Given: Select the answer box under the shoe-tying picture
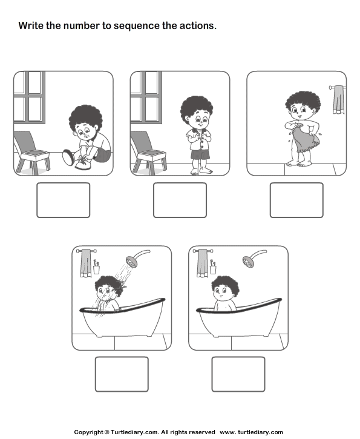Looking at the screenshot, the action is [x=63, y=200].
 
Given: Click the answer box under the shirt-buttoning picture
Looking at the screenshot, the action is [x=180, y=200].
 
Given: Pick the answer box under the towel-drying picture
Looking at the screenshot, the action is [x=296, y=200].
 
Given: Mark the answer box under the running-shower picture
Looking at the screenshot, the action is [x=122, y=374].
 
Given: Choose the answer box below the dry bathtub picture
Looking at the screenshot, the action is [x=238, y=374].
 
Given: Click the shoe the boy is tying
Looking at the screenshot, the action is [x=82, y=164].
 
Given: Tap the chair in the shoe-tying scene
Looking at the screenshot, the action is [x=31, y=153].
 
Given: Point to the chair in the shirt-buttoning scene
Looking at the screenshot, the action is [x=148, y=153].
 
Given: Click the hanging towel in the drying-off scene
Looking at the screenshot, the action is [x=338, y=100].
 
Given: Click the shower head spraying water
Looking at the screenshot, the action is [x=132, y=262].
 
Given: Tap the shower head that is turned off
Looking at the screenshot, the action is [x=249, y=262].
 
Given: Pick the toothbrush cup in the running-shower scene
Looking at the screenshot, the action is [x=96, y=269].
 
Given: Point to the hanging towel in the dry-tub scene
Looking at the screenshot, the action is [x=202, y=263].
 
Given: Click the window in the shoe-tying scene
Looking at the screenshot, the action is [x=30, y=97].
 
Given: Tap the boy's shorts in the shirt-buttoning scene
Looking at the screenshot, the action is [x=200, y=154].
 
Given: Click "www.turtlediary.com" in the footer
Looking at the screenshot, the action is [x=251, y=432].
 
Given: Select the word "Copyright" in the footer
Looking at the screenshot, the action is [x=89, y=432].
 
